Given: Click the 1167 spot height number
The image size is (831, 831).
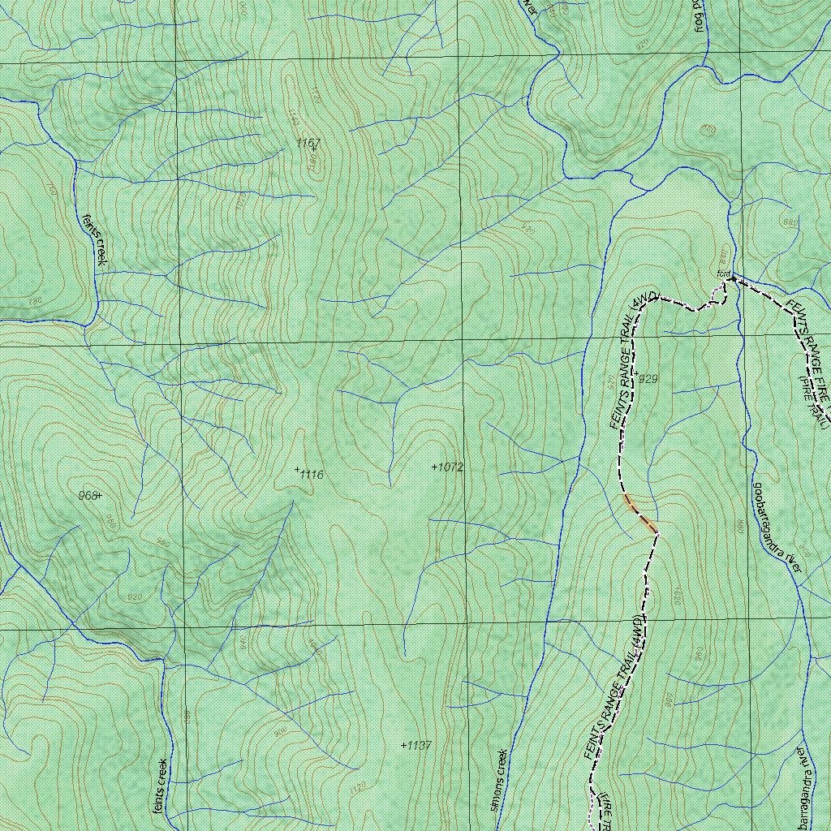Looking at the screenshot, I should pos(308,144).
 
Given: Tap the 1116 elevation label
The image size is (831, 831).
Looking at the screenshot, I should pos(312,475).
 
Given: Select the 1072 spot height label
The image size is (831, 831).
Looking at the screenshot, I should pos(450,467).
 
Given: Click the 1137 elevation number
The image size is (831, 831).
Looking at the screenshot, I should pos(419,745).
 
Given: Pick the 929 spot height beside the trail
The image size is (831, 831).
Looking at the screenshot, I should pos(648,379).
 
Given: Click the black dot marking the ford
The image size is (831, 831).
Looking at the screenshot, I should pos(732,278).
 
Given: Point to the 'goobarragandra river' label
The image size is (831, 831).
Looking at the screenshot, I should pos(777,528).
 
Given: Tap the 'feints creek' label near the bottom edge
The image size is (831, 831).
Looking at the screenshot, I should pos(160,786).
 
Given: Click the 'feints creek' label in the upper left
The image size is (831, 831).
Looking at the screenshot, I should pos(94,239).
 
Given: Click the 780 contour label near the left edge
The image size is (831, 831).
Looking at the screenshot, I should pos(33,302).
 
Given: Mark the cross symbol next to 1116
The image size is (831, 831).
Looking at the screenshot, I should pos(297,470).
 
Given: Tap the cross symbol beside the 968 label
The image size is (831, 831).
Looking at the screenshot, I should pos(101,495).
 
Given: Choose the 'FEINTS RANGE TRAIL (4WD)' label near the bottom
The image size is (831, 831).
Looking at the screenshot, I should pos(614,688).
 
